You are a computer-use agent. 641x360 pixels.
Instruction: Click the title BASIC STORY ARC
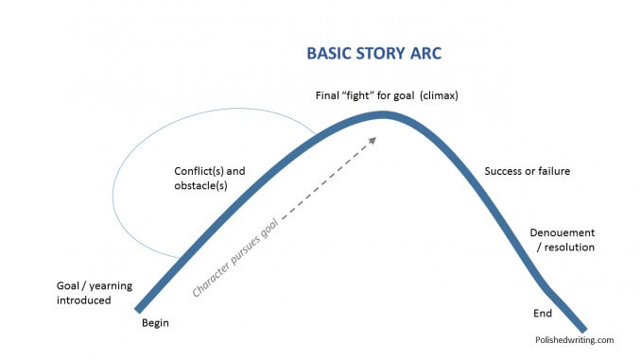(373, 54)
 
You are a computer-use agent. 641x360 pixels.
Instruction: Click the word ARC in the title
(424, 54)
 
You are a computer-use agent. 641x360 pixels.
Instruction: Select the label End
(543, 314)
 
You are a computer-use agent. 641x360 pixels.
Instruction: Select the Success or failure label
(527, 171)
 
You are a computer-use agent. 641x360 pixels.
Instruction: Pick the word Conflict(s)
(196, 171)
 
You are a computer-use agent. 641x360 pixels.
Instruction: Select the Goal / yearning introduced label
(84, 293)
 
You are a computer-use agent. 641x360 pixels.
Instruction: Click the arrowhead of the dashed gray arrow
(372, 140)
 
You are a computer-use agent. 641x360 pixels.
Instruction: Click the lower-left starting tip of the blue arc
(139, 308)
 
